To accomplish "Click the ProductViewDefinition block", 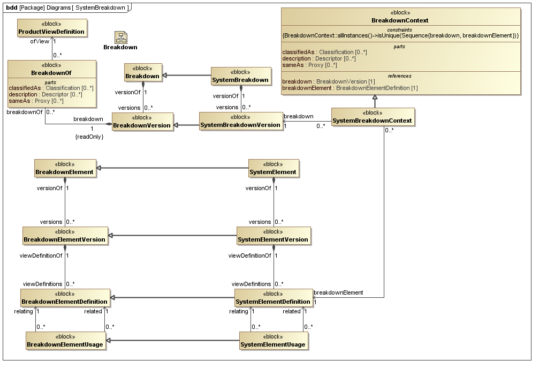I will pos(51,28).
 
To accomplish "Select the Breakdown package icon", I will pos(120,37).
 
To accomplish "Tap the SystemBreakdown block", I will pos(240,76).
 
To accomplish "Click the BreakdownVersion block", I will pos(142,122).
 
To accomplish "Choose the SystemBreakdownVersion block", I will pos(240,121).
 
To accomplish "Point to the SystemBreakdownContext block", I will pos(372,117).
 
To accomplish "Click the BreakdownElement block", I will pos(65,168).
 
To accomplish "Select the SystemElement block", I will pos(274,168).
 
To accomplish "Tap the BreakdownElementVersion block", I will pos(65,236).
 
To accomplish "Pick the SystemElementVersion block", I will pos(274,236).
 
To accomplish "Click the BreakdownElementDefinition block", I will pos(65,298).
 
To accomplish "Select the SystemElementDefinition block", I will pos(273,298).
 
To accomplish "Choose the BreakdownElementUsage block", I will pos(65,341).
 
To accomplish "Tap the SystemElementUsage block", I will pos(273,341).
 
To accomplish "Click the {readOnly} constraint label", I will pos(89,137).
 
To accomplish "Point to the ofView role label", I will pos(40,41).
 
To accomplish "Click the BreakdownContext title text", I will pos(400,20).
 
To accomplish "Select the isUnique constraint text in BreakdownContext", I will pos(400,35).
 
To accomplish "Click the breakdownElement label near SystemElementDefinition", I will pos(338,292).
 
